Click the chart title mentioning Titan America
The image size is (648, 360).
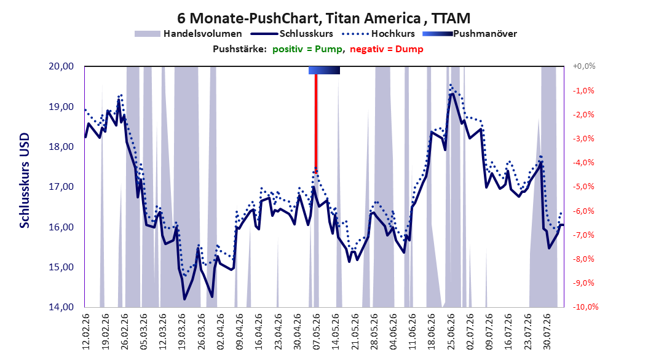(323, 18)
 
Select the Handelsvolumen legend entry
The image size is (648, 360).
(189, 34)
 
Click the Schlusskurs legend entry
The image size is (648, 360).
(292, 34)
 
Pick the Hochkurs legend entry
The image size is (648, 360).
(379, 34)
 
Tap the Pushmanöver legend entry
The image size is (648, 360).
(470, 34)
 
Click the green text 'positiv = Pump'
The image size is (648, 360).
(307, 49)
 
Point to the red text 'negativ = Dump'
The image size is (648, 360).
(387, 49)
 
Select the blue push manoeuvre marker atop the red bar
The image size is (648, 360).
(325, 70)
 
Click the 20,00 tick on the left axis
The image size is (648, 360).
(61, 66)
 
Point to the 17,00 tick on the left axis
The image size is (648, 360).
(61, 187)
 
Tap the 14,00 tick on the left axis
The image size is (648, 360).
(61, 307)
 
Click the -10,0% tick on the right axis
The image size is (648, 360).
(585, 307)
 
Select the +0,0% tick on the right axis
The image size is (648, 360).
(584, 66)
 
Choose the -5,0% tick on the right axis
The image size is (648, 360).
(584, 187)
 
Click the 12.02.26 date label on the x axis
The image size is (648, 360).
(86, 332)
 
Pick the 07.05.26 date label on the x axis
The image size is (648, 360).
(317, 332)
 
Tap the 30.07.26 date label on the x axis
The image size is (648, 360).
(547, 332)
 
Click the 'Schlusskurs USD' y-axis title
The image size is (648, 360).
(25, 181)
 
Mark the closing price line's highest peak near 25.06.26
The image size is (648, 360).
(452, 94)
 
